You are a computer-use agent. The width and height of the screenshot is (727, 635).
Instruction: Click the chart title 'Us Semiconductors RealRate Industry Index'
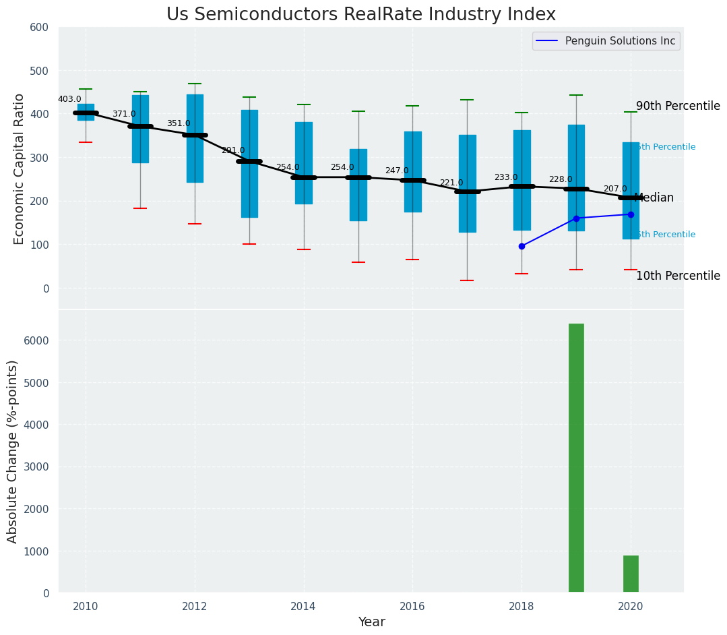361,15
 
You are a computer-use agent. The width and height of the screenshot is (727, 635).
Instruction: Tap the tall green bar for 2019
576,458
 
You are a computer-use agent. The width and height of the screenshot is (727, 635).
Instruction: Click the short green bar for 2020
631,574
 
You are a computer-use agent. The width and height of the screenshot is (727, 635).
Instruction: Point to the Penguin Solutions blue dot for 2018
521,246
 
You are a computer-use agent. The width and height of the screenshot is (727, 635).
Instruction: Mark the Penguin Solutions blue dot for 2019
576,218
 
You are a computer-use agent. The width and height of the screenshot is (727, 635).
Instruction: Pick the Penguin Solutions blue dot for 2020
631,214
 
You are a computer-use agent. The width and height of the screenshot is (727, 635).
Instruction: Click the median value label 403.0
69,99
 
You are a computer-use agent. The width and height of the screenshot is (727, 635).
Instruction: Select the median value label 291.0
233,150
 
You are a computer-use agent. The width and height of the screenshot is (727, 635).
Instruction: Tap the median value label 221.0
451,183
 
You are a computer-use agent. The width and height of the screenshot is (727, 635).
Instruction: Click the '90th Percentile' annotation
678,107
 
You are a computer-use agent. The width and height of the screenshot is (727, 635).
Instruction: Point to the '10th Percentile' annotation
678,276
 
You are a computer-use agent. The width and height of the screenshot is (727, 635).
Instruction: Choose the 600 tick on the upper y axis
40,27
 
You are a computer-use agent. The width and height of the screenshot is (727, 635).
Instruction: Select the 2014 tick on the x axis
304,607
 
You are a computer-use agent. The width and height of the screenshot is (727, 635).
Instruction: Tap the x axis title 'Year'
371,622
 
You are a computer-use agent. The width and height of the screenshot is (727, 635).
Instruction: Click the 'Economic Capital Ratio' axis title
20,169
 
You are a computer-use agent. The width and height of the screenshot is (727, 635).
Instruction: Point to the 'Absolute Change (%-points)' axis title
13,451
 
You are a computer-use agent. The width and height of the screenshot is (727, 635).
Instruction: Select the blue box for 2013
249,163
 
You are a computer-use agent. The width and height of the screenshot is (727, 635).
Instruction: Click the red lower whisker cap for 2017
467,280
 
